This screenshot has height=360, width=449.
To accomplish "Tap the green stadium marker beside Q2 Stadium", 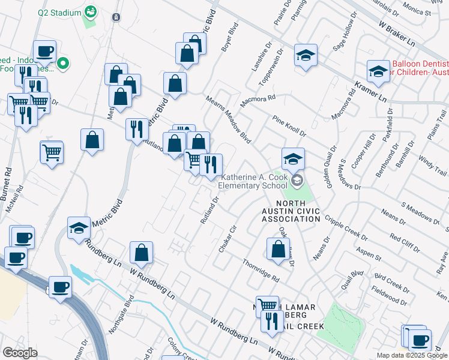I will (91, 11).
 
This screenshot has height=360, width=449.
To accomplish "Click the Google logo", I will (20, 353).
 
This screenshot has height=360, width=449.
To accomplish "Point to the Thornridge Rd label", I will (261, 271).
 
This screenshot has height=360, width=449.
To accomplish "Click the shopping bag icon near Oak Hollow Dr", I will (277, 248).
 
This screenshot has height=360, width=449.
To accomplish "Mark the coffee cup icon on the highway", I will (60, 287).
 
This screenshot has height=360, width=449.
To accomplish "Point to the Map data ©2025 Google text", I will (411, 355).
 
